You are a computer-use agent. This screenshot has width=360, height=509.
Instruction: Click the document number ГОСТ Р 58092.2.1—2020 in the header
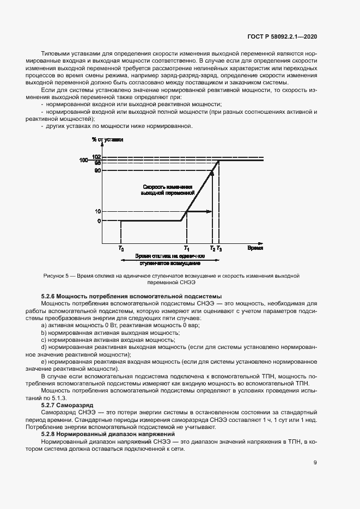tap(280, 36)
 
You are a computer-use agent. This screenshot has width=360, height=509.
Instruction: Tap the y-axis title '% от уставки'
tap(108, 140)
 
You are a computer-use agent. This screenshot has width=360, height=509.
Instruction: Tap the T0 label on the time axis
tap(120, 248)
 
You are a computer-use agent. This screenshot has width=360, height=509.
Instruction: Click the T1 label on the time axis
tap(186, 248)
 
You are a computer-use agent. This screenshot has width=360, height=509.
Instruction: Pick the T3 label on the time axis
tap(219, 248)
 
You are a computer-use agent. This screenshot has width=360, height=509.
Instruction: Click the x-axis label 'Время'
tap(255, 248)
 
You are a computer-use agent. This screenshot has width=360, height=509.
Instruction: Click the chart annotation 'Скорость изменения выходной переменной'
tap(167, 189)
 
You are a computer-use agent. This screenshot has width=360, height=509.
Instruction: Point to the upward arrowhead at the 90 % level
tap(212, 173)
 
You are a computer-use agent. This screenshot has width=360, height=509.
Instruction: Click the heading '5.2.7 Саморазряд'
tap(68, 406)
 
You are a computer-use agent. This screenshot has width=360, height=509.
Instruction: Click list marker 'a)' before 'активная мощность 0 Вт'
tap(44, 324)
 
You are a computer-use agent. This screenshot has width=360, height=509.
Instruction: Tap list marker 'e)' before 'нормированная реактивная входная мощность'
tap(44, 361)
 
